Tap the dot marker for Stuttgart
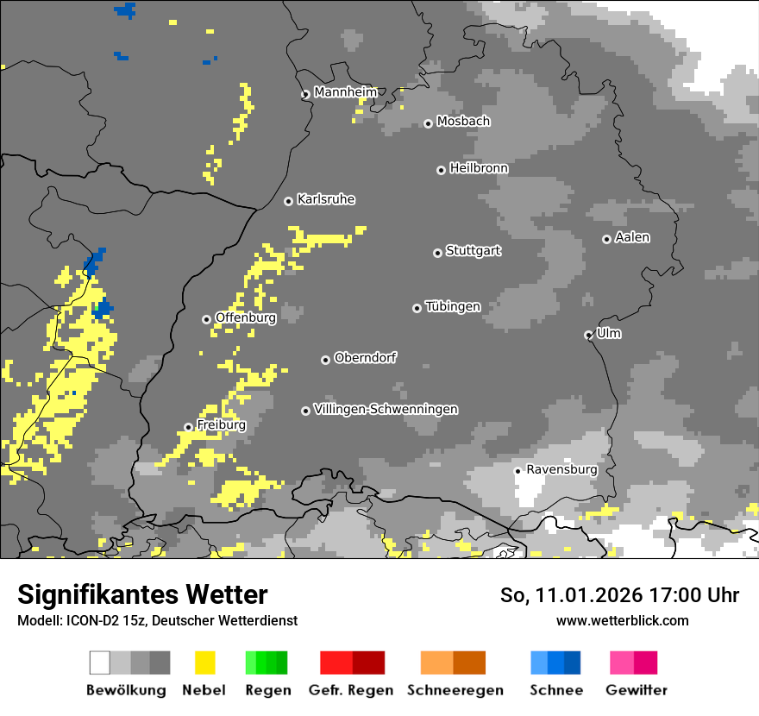[437, 253]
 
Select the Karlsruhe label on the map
[326, 199]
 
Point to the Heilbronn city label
[479, 168]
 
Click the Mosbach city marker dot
[428, 123]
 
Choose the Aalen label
[632, 237]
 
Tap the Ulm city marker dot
[588, 335]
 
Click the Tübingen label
[453, 306]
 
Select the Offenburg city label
[246, 317]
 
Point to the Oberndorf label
[366, 357]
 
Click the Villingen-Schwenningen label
[386, 409]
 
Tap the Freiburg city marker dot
[188, 427]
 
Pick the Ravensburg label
[561, 469]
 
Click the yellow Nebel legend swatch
[205, 663]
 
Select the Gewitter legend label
[637, 690]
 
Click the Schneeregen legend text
[455, 690]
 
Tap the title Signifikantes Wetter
[142, 594]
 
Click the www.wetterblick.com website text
[623, 620]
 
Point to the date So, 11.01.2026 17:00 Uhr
[619, 595]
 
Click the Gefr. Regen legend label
[351, 690]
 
